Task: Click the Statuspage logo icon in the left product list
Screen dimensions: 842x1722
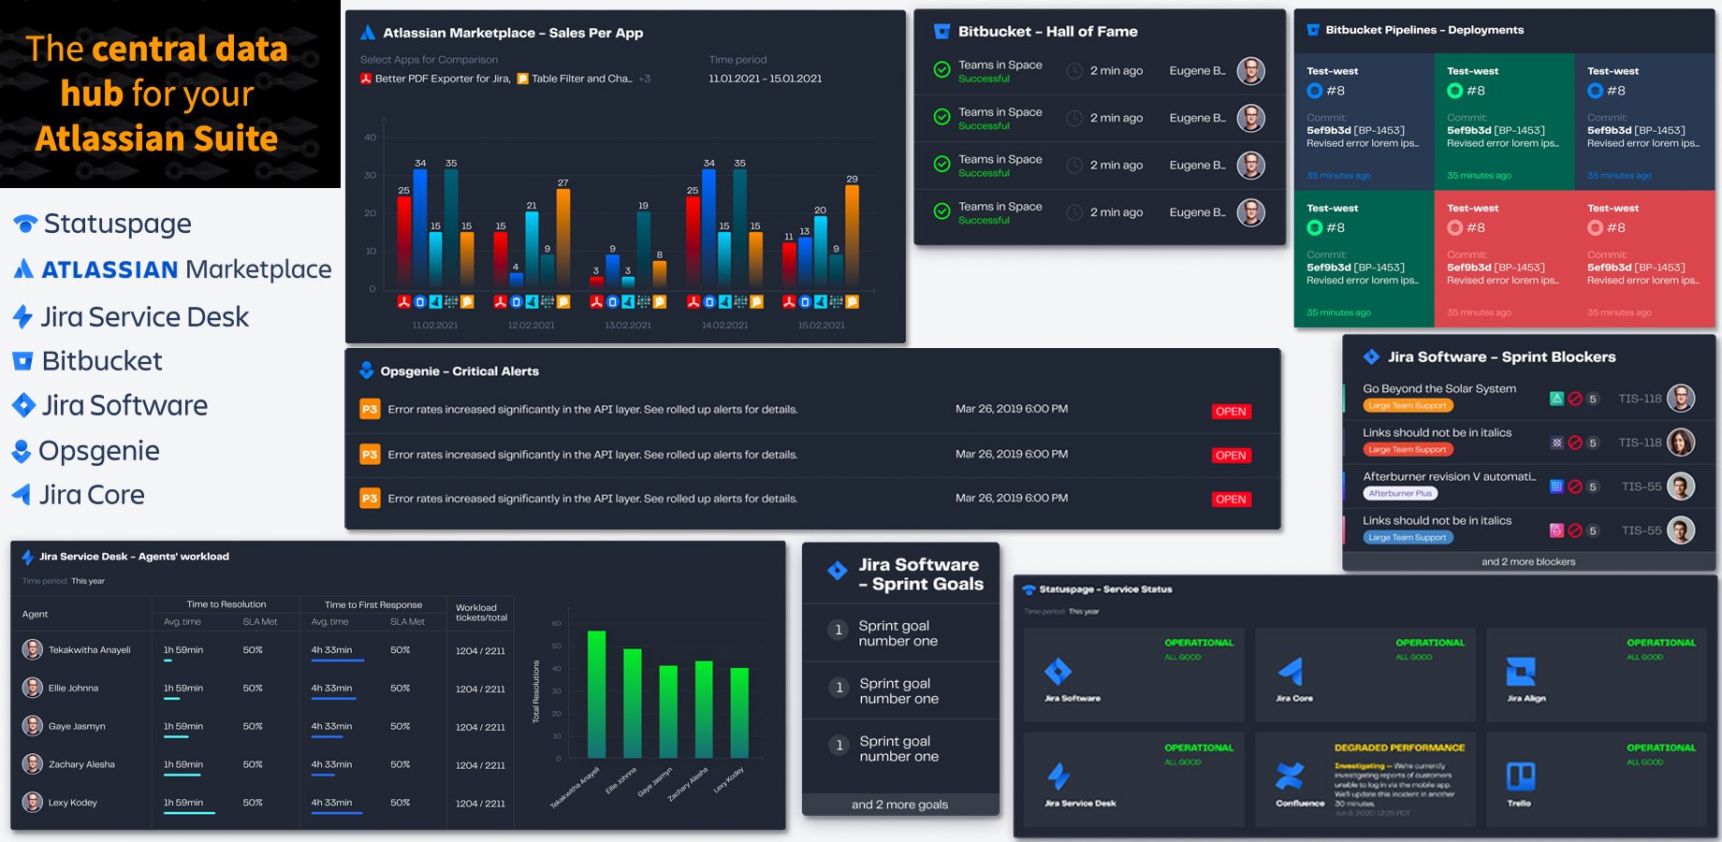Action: coord(25,224)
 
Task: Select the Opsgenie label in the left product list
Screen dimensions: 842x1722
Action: coord(98,451)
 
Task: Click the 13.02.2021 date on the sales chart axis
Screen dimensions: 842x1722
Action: coord(628,326)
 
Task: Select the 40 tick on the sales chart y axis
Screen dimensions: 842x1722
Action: coord(371,138)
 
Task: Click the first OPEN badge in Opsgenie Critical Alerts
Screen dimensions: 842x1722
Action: coord(1230,412)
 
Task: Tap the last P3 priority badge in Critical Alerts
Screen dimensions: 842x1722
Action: coord(370,499)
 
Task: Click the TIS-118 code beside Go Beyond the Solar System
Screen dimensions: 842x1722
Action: coord(1640,399)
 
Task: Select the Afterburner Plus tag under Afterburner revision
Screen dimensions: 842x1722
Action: coord(1400,493)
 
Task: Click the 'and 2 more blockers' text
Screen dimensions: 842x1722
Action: coord(1527,562)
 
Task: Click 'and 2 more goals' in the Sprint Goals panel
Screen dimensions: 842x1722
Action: coord(899,805)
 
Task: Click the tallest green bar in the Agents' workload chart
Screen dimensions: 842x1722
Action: coord(596,692)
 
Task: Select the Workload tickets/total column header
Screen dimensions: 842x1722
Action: coord(481,613)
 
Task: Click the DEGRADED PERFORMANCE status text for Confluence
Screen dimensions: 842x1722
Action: coord(1399,748)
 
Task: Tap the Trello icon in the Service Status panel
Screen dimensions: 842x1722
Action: coord(1520,777)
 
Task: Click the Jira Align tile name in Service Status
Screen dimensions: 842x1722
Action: coord(1525,699)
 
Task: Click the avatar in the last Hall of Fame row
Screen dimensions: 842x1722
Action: coord(1250,212)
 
